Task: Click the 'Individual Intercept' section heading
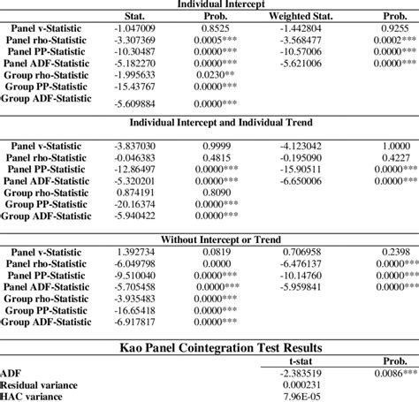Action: [209, 4]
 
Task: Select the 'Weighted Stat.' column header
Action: [296, 17]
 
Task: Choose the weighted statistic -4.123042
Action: [306, 144]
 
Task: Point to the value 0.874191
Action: [136, 191]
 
